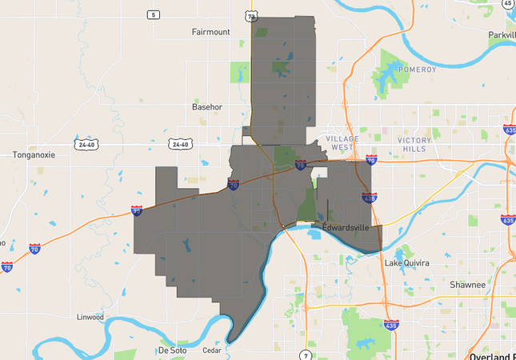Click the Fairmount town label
[210, 32]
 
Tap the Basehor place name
[207, 106]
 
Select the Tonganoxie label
[34, 155]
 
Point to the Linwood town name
[90, 317]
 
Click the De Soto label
[172, 350]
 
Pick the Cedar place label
[212, 350]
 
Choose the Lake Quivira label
[406, 263]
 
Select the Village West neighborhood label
[342, 143]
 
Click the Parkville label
[502, 35]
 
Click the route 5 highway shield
[153, 14]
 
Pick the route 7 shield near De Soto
[305, 354]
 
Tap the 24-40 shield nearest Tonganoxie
[86, 145]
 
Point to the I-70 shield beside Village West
[371, 160]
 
